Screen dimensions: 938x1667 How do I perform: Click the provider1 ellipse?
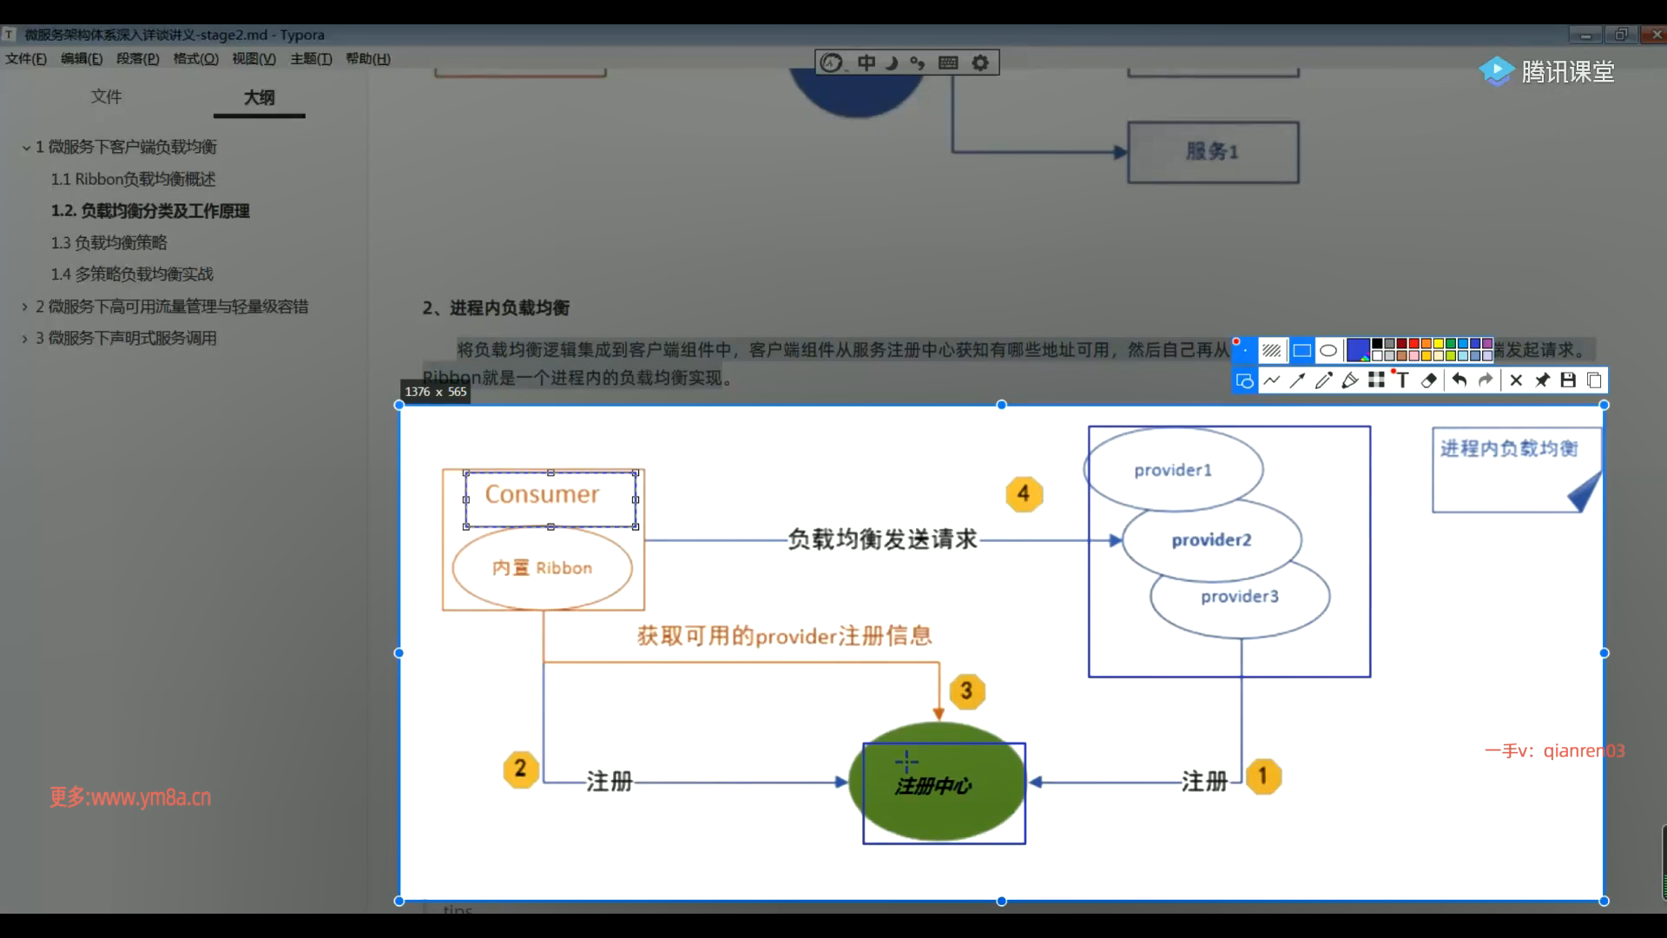(1173, 470)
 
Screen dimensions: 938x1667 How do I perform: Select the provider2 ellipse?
(1211, 540)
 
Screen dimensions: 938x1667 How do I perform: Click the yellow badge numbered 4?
(1024, 493)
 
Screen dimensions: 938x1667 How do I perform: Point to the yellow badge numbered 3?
(966, 691)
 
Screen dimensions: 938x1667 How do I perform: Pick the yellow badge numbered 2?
(520, 769)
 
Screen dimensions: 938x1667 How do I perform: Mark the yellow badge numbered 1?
(1263, 776)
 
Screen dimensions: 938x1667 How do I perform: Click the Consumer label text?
(542, 494)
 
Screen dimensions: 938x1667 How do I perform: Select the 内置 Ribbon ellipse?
(542, 568)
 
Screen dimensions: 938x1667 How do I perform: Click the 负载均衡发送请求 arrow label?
(882, 539)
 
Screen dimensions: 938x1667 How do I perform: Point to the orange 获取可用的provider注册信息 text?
(784, 636)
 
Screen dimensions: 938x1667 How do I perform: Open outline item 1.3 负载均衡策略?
(109, 242)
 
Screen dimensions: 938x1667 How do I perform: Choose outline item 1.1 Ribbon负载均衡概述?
(133, 179)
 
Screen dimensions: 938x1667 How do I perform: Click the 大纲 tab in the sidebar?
(259, 97)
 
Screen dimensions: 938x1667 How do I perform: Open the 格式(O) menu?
(195, 59)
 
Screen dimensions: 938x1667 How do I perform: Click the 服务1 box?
(1212, 152)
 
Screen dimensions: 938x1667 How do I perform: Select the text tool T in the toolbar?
(1402, 380)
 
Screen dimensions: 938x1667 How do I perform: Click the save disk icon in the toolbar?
(1568, 380)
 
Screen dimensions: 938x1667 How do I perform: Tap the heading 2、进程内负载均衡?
(496, 307)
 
